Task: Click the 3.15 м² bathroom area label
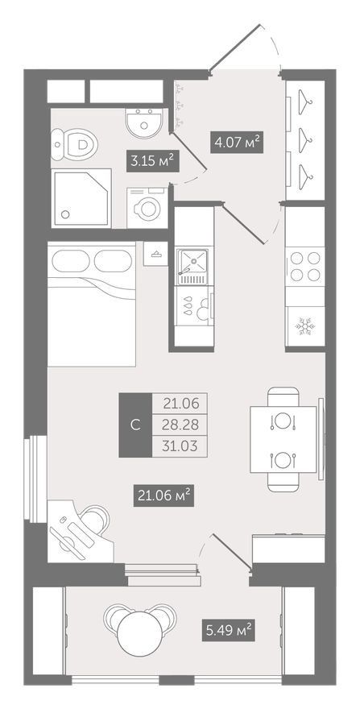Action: point(152,161)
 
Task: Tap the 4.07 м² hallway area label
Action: point(237,143)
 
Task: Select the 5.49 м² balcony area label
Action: point(229,630)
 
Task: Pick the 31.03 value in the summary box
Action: point(180,446)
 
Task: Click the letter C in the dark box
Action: point(134,425)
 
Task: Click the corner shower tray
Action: point(81,197)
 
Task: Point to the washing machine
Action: point(147,208)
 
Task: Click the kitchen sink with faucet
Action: point(192,267)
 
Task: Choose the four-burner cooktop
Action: point(305,267)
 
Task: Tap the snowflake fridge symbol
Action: point(304,325)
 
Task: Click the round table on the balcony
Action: point(139,633)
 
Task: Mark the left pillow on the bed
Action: point(71,261)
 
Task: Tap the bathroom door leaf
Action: point(188,151)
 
